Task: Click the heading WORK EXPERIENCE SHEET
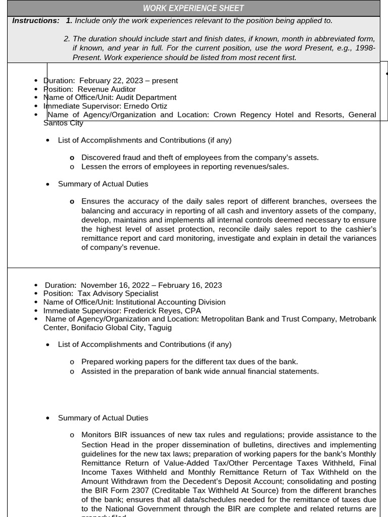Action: click(193, 8)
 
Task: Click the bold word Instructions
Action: click(35, 21)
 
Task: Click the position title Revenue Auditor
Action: click(107, 89)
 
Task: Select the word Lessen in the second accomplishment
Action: click(93, 167)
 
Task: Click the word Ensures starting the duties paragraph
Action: click(96, 201)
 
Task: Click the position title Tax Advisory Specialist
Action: click(118, 293)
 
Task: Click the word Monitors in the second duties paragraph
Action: click(97, 435)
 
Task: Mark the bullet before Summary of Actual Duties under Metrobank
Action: click(48, 418)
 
